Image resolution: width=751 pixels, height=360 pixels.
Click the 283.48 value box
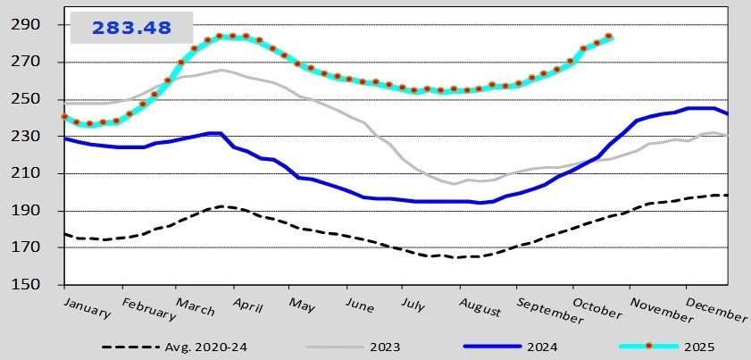tap(131, 28)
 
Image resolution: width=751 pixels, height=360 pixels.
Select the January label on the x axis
tap(88, 307)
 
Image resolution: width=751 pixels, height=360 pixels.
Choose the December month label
tap(717, 310)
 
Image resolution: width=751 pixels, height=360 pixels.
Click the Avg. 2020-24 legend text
tap(206, 347)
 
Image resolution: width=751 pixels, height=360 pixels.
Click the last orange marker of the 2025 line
tap(609, 37)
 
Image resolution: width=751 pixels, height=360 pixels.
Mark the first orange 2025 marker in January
tap(64, 117)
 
